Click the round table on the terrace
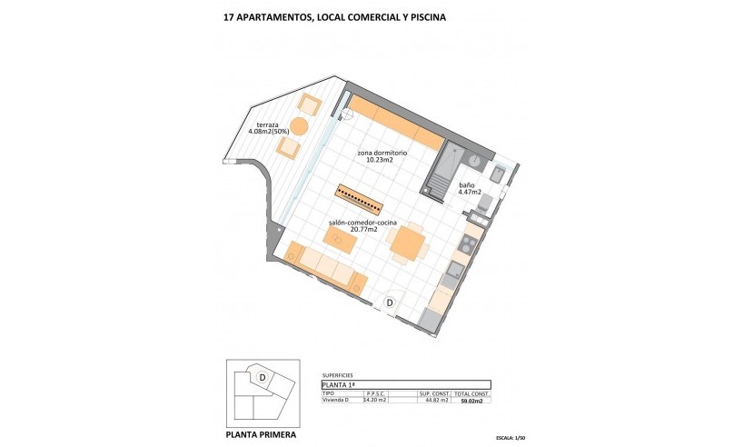point(299,126)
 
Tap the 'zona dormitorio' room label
point(368,154)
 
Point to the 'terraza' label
point(268,124)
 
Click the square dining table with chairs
point(406,243)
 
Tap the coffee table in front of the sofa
point(340,239)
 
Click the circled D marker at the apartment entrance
point(389,303)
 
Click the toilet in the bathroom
point(486,201)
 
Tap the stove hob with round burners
point(467,243)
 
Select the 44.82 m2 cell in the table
point(437,400)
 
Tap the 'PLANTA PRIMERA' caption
point(260,433)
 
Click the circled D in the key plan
point(262,376)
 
